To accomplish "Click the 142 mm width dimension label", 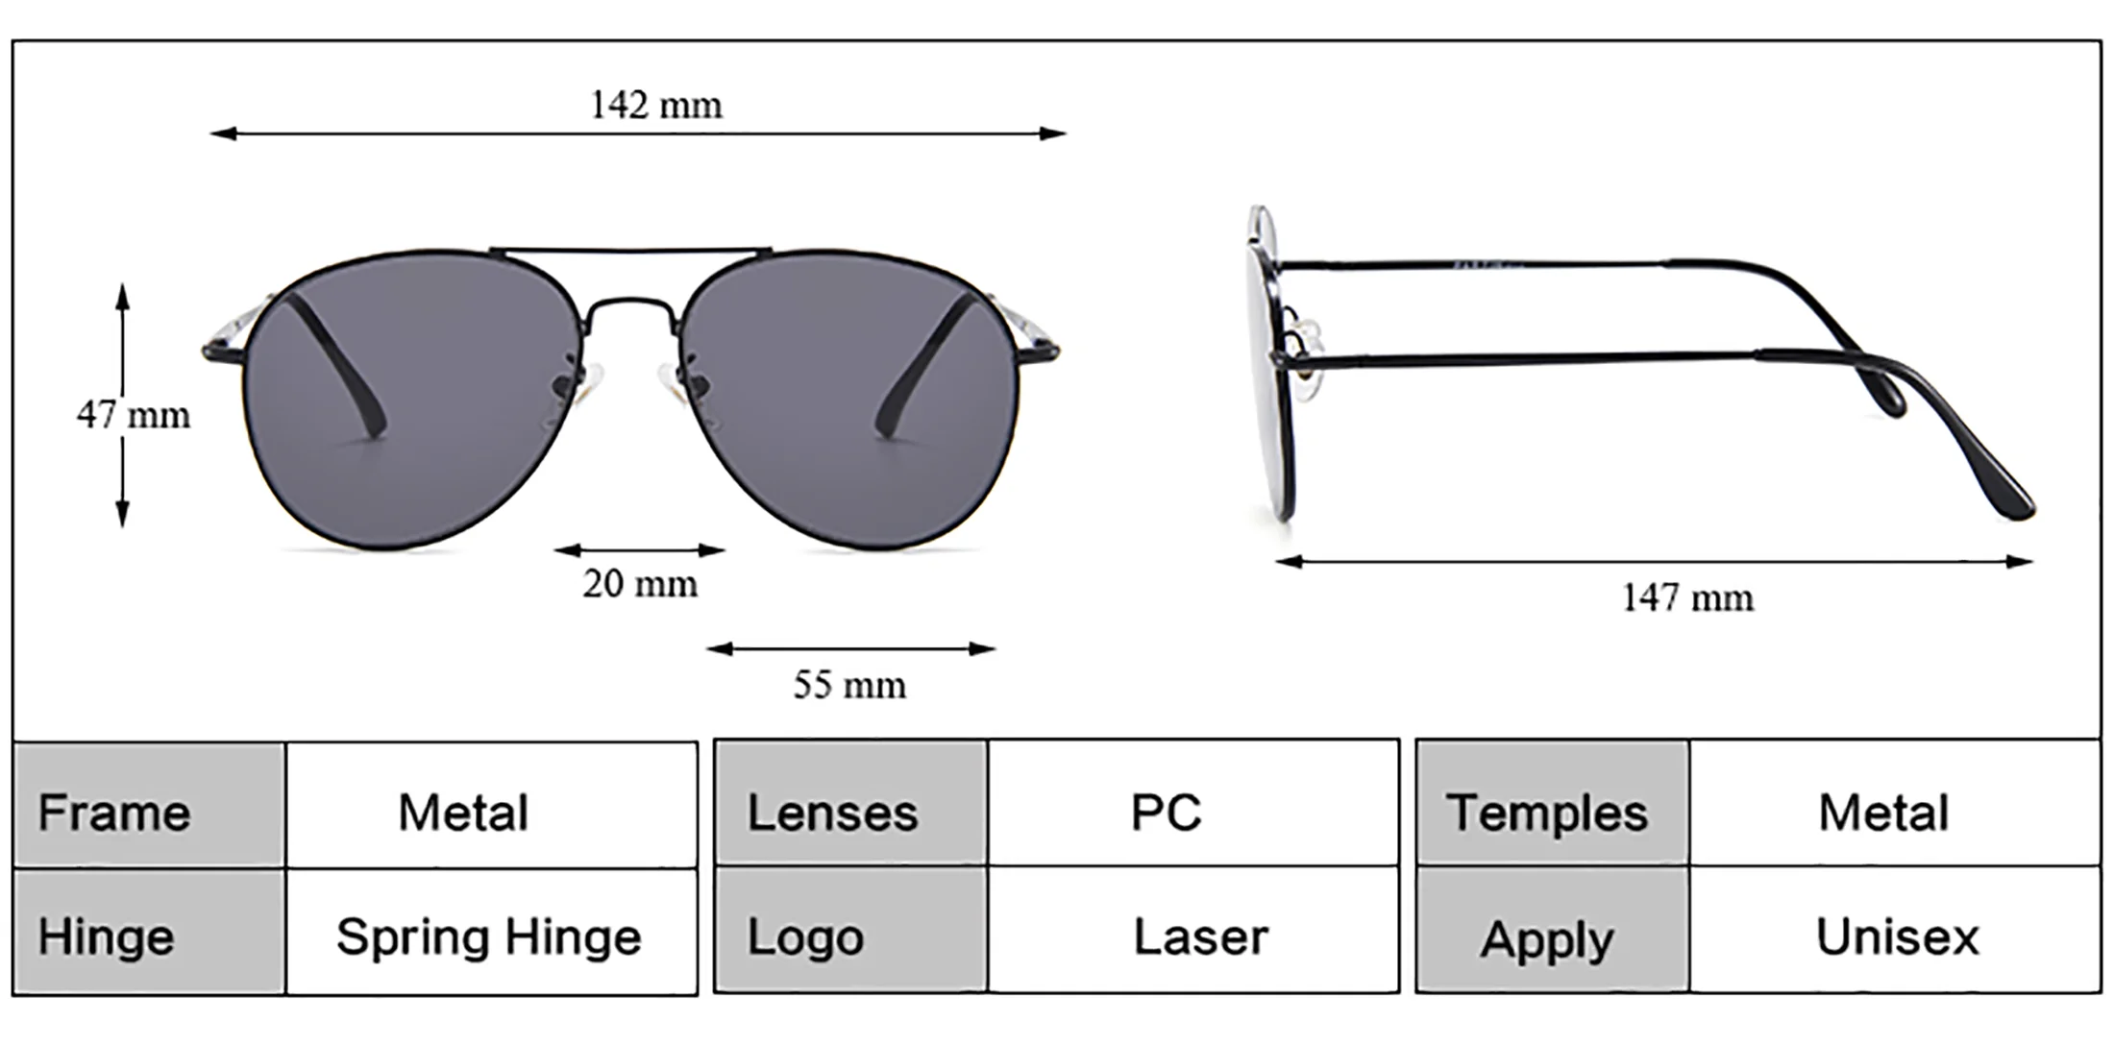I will (x=655, y=105).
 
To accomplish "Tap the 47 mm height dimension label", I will (x=133, y=415).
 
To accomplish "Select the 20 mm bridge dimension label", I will (x=640, y=583).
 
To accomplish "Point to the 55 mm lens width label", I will (x=849, y=685).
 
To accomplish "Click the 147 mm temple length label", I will (x=1687, y=597).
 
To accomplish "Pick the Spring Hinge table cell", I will (x=489, y=936).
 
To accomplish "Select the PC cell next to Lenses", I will (x=1166, y=813).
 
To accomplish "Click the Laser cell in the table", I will (x=1200, y=936).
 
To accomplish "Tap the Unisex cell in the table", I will (x=1897, y=936).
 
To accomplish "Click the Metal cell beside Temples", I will (x=1883, y=813).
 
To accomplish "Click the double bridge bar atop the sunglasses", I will (x=629, y=253).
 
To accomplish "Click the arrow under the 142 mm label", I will (x=638, y=134).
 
